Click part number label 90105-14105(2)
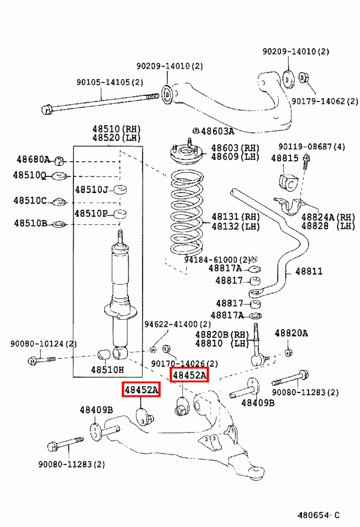coord(110,82)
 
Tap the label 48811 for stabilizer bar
coord(309,271)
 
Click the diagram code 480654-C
coord(318,515)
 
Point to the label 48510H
coord(107,370)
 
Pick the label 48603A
coord(217,131)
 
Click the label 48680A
coord(33,160)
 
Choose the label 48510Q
coord(29,175)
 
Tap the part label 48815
coord(285,158)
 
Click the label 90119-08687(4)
coord(311,147)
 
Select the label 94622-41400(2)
coord(177,324)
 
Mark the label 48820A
coord(291,333)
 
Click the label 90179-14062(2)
coord(325,101)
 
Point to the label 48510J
coord(91,190)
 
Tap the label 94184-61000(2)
coord(217,260)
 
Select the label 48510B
coord(30,223)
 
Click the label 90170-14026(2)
coord(184,364)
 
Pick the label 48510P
coord(91,213)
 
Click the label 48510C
coord(30,200)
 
